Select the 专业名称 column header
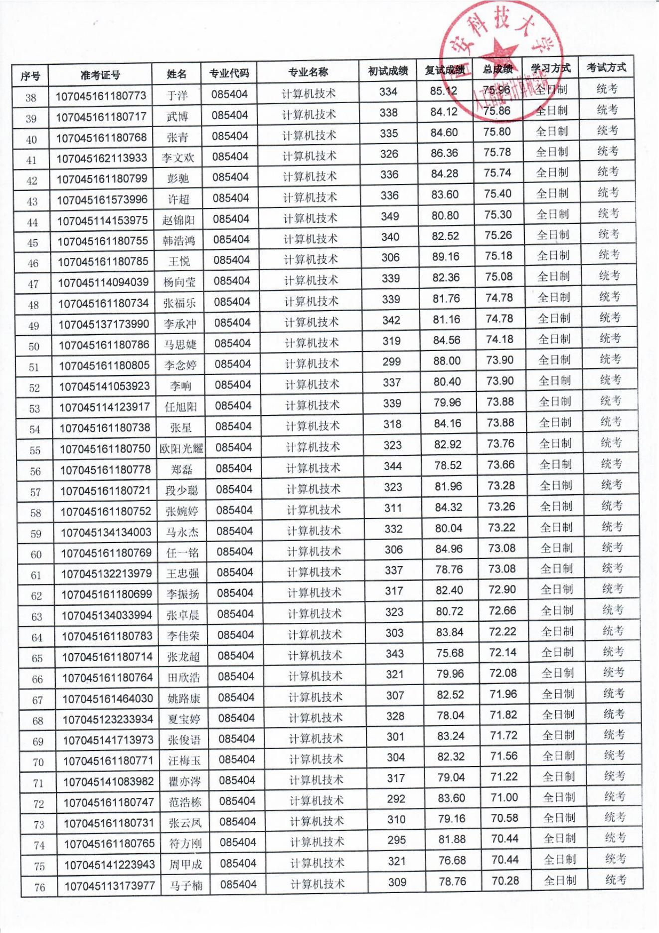pos(308,72)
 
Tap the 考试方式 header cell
pos(606,68)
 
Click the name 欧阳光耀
pos(181,448)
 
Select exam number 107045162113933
pos(102,159)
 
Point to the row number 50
pos(34,347)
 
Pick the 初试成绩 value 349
pos(390,216)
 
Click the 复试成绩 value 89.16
pos(446,257)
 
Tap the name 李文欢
pos(178,158)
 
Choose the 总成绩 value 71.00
pos(504,797)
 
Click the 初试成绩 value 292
pos(396,799)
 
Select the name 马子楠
pos(186,886)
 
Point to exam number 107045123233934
pos(108,719)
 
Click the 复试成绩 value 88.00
pos(447,361)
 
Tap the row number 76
pos(39,887)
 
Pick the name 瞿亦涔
pos(185,781)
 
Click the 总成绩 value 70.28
pos(505,881)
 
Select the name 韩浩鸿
pos(179,241)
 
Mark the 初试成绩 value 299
pos(391,362)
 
